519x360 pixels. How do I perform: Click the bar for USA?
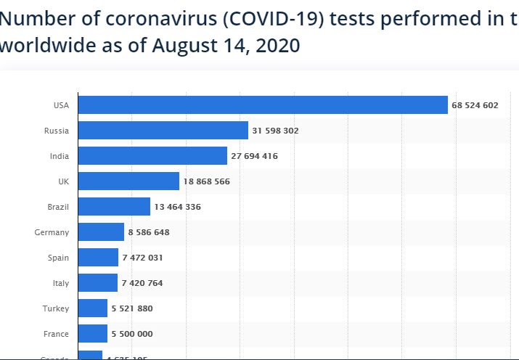tap(262, 105)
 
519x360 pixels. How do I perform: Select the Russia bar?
tap(163, 131)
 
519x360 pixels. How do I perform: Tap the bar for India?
tap(152, 156)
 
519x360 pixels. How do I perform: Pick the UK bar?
tap(128, 181)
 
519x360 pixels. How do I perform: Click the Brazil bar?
tap(114, 207)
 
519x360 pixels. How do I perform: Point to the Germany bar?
tap(101, 232)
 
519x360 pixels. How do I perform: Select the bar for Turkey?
tap(92, 308)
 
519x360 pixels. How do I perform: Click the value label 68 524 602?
tap(475, 105)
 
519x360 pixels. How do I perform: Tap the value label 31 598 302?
tap(275, 131)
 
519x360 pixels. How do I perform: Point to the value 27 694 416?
tap(254, 156)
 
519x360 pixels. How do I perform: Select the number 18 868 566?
tap(206, 181)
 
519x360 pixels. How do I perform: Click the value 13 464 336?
tap(177, 207)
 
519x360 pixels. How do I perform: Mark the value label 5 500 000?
tap(132, 334)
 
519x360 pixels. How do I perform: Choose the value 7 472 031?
tap(142, 258)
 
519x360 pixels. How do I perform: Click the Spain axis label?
tap(58, 258)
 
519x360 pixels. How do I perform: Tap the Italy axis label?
tap(60, 283)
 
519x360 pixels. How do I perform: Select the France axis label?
tap(57, 334)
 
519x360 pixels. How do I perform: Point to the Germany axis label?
tap(52, 232)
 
